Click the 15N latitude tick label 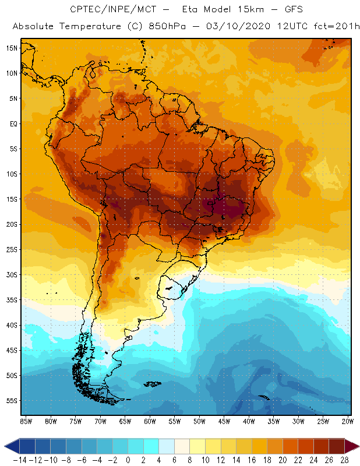coord(12,48)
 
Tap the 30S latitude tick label coord(12,274)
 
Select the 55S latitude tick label coord(12,401)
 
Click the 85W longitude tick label coord(26,421)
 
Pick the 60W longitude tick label coord(150,421)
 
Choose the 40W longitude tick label coord(249,421)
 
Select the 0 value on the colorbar coord(128,460)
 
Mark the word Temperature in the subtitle coord(90,27)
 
